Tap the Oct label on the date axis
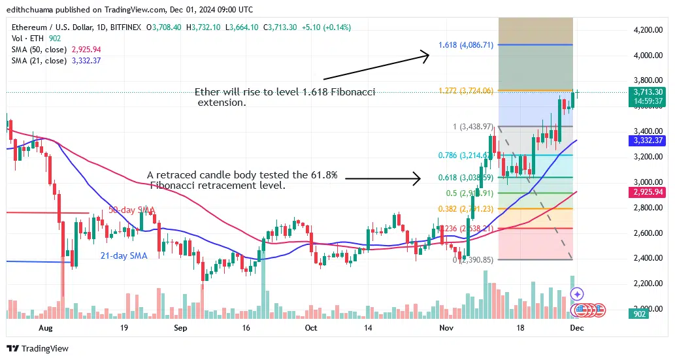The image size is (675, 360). [x=311, y=327]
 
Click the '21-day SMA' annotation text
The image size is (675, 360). [x=124, y=255]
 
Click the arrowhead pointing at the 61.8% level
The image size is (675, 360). [x=416, y=178]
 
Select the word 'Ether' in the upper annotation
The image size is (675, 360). [x=208, y=92]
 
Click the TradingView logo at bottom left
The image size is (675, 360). [x=38, y=348]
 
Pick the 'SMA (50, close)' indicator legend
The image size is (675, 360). [x=38, y=49]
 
